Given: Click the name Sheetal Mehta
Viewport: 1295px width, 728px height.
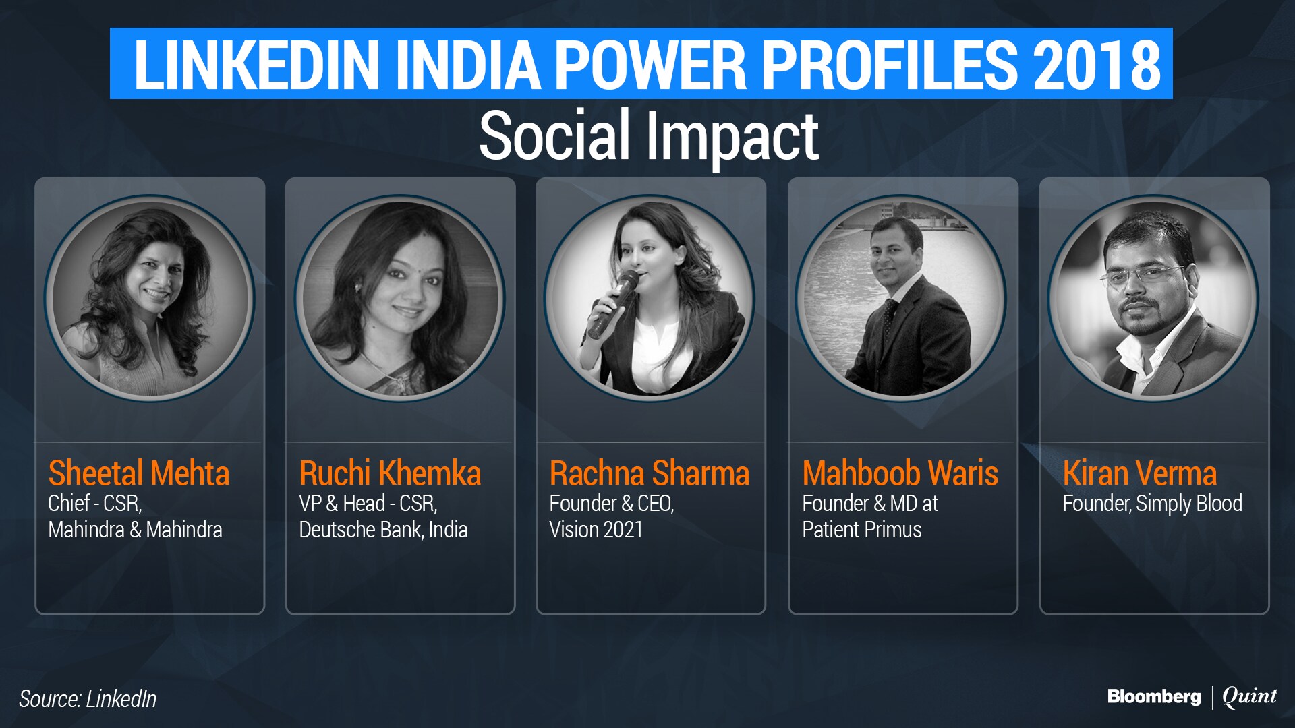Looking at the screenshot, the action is pyautogui.click(x=139, y=473).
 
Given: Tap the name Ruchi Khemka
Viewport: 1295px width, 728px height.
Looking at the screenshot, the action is pyautogui.click(x=390, y=473).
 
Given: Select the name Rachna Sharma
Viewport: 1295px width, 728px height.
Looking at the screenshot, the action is pyautogui.click(x=650, y=473).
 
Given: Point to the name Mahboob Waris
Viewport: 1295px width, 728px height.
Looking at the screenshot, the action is pyautogui.click(x=900, y=473).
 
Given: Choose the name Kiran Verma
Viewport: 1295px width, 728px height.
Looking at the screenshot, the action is pyautogui.click(x=1140, y=473).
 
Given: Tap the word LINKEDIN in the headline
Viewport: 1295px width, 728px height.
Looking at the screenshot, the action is pyautogui.click(x=257, y=65).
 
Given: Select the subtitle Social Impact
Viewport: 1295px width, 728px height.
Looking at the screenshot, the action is pyautogui.click(x=649, y=136).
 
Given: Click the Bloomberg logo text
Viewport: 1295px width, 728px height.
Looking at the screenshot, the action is pyautogui.click(x=1154, y=697).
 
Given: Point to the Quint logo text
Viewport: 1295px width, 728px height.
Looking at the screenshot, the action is pyautogui.click(x=1250, y=697).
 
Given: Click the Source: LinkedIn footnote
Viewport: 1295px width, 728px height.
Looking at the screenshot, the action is pyautogui.click(x=88, y=699).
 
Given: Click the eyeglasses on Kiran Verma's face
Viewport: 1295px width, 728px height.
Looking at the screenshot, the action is pyautogui.click(x=1141, y=275).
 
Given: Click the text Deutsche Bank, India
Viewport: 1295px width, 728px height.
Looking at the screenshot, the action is pyautogui.click(x=383, y=530).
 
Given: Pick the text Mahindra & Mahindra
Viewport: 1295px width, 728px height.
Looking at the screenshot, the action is pyautogui.click(x=135, y=530).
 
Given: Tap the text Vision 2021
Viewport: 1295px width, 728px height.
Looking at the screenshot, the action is pyautogui.click(x=596, y=530).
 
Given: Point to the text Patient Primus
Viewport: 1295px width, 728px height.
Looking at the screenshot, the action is pyautogui.click(x=862, y=530).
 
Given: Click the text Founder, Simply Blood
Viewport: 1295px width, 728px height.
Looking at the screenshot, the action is pyautogui.click(x=1153, y=504).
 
